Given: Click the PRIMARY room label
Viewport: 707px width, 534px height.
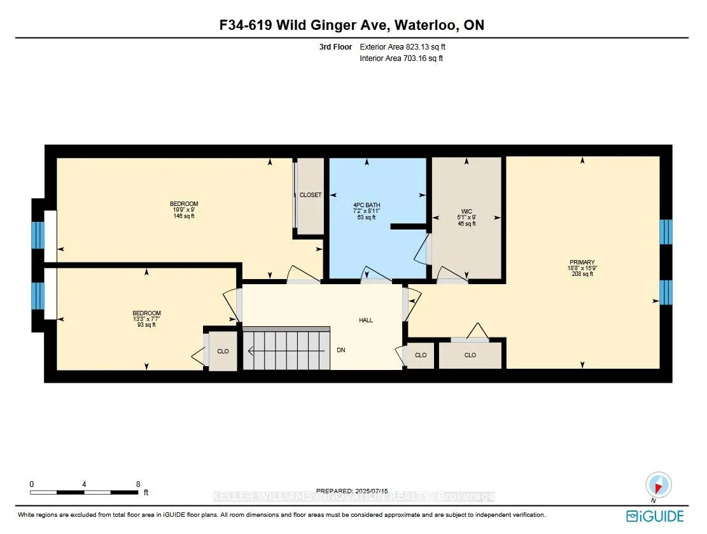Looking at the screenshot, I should [582, 262].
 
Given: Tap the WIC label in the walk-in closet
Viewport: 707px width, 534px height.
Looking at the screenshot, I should [466, 211].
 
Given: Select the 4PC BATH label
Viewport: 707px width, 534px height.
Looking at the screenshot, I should [366, 205].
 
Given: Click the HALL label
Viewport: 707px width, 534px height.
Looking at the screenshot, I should [366, 320].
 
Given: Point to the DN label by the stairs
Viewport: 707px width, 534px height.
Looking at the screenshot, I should [341, 350].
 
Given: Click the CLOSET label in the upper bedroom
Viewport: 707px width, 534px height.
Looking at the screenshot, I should [311, 195].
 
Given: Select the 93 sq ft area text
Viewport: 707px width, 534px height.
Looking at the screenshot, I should [146, 325].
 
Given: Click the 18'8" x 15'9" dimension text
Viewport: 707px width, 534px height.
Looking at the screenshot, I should [582, 268].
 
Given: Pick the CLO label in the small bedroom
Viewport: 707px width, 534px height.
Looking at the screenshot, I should [223, 352].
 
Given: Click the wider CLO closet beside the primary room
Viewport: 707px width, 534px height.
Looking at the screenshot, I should [470, 355].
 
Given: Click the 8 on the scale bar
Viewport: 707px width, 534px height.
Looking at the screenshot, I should [138, 484].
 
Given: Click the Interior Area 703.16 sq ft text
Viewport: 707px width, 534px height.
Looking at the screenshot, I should [402, 58].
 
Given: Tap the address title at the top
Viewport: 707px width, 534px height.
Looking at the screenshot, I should [352, 25].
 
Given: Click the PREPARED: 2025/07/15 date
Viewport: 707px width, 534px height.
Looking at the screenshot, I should [353, 491].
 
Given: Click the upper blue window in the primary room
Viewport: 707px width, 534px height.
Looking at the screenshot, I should [666, 232].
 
